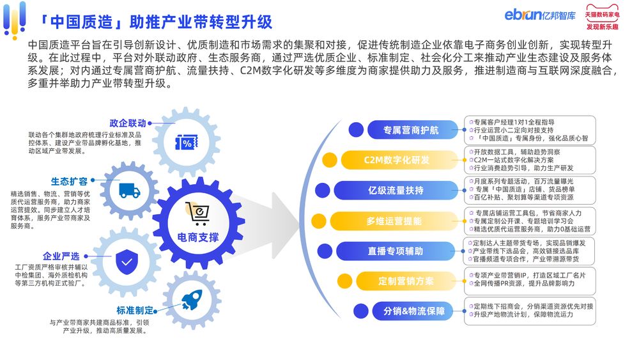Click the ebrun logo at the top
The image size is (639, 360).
coord(540,15)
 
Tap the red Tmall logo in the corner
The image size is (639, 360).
coord(603,17)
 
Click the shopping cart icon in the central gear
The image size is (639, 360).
coord(197,213)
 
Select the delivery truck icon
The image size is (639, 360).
coord(130,191)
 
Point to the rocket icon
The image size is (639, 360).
coord(192,300)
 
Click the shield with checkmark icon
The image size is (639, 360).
coord(127,262)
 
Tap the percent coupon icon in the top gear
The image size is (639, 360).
coord(186,143)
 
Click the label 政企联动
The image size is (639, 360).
coord(128,123)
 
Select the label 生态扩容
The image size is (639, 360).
coord(69,181)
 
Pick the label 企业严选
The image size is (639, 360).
coord(61,256)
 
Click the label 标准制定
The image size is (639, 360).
coord(135,310)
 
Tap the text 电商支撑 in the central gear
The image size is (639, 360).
coord(198,237)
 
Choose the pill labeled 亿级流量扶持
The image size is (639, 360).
coord(396,190)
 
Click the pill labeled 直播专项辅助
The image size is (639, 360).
coord(396,251)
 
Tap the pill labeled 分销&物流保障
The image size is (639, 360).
coord(414,311)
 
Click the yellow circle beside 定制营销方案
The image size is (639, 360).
coord(344,281)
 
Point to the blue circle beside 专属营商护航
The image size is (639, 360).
coord(356,130)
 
